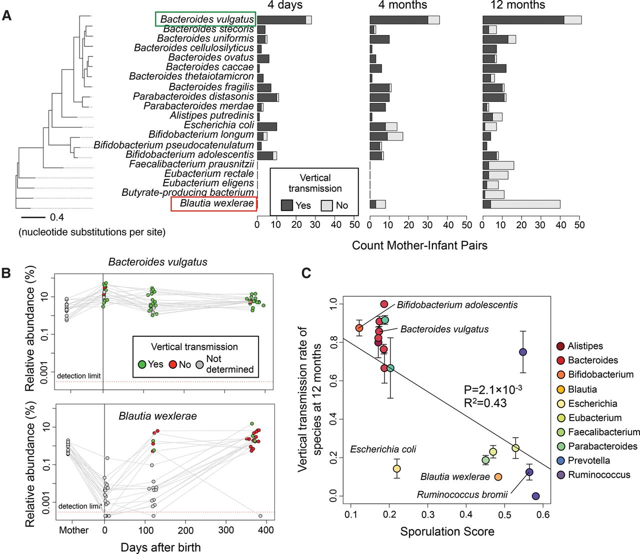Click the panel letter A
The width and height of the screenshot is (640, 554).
click(7, 15)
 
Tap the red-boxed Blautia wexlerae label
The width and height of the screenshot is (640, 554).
click(214, 203)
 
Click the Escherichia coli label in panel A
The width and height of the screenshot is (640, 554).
click(219, 125)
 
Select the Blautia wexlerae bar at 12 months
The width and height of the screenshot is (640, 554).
click(521, 204)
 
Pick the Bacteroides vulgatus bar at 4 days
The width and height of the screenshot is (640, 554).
click(284, 20)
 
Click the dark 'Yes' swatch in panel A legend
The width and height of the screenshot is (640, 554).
click(287, 205)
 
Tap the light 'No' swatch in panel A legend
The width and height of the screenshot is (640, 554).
click(327, 205)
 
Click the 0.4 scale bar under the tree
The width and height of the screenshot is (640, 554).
click(33, 217)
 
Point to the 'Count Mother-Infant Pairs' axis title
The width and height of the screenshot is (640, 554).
click(419, 245)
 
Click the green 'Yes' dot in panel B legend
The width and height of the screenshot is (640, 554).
click(142, 365)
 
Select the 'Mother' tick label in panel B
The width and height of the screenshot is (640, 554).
click(73, 530)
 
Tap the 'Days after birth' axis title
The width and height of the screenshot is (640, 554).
click(160, 547)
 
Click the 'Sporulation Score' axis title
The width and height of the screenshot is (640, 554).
click(447, 532)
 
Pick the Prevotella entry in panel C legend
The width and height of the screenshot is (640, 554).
click(589, 460)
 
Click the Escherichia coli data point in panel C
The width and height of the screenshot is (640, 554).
click(396, 469)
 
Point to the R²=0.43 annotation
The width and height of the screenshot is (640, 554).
click(485, 402)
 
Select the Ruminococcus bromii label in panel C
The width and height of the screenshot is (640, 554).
click(462, 495)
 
